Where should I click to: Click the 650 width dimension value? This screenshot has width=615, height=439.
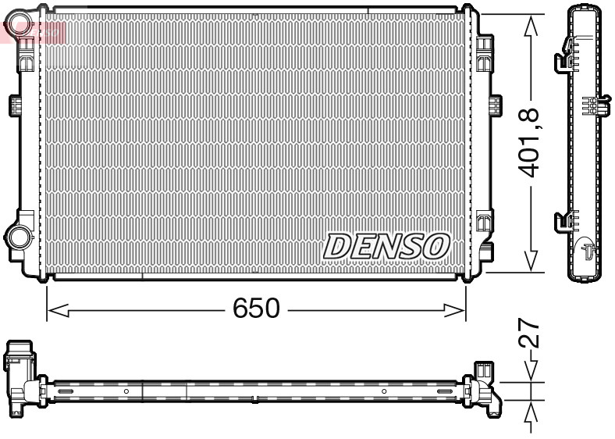click(x=256, y=309)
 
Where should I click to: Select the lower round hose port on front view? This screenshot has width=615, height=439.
click(x=16, y=235)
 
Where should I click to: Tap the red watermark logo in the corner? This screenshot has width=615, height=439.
click(x=31, y=30)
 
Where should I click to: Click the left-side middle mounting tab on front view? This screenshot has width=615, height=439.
click(x=14, y=105)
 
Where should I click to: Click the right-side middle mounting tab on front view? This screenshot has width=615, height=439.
click(x=494, y=105)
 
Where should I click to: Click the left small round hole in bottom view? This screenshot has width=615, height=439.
click(x=126, y=390)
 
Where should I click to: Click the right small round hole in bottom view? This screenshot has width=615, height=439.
click(x=384, y=390)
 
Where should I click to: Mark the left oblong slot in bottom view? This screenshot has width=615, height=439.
click(x=65, y=391)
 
